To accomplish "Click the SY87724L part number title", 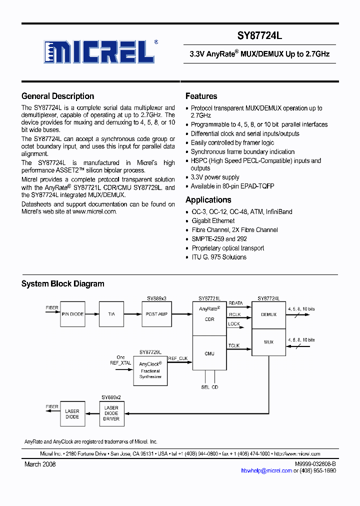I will tap(260, 36).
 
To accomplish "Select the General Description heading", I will tap(57, 96).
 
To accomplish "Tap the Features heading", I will tap(201, 96).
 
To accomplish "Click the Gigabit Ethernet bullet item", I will tap(213, 220).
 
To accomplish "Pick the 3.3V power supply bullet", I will tap(215, 177).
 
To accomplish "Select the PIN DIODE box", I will tap(72, 314).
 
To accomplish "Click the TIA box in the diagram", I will tap(111, 314).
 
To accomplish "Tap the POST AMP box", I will tap(156, 314).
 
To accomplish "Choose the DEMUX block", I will tap(268, 315).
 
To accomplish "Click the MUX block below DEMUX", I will tap(268, 342).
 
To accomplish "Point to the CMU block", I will tap(209, 353).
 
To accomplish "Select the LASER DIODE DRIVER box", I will tap(111, 413).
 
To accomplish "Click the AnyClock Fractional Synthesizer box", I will tap(150, 370).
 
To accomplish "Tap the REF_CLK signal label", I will tap(178, 358).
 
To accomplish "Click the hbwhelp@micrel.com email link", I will tap(266, 471).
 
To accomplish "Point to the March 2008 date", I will tap(40, 464).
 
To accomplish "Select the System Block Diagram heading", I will tap(62, 284).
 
